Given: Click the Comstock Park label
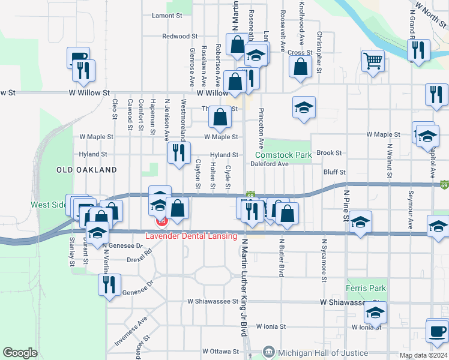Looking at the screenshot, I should click(287, 155).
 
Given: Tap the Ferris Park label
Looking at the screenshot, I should click(366, 289).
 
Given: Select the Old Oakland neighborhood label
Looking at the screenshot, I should click(86, 170).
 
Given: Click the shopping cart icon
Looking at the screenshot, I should click(373, 61).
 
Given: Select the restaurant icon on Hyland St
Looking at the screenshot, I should click(179, 152).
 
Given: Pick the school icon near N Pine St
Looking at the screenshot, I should click(360, 223).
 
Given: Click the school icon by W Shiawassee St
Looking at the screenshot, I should click(376, 313).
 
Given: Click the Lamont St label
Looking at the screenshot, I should click(167, 16).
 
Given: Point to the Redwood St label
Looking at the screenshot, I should click(176, 37).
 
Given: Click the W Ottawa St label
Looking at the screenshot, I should click(220, 351).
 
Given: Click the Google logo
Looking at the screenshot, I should click(20, 353).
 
